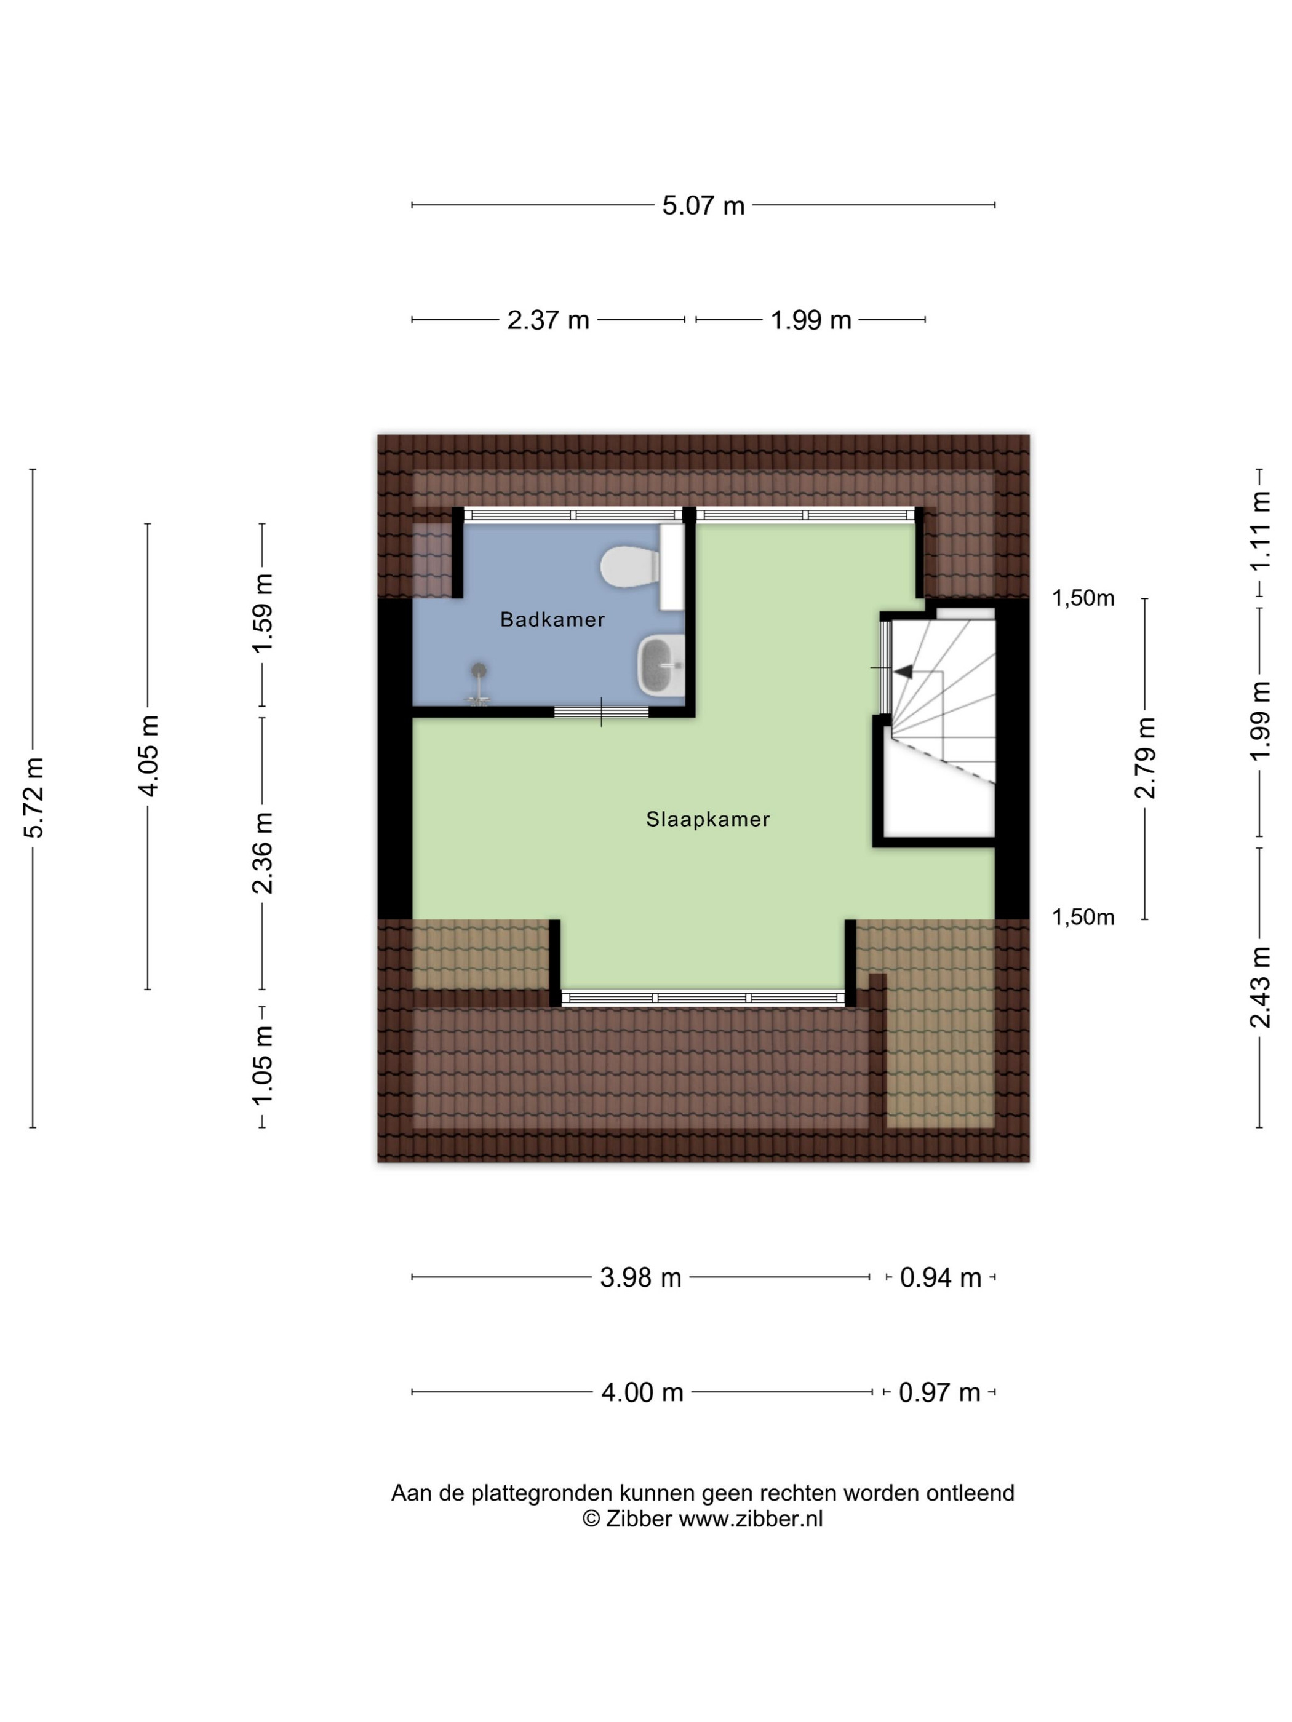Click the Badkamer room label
pyautogui.click(x=552, y=620)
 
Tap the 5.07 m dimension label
pyautogui.click(x=703, y=205)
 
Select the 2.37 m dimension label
pyautogui.click(x=548, y=320)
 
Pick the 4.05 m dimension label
pyautogui.click(x=148, y=756)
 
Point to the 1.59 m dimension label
pyautogui.click(x=263, y=614)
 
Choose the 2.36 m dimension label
pyautogui.click(x=263, y=852)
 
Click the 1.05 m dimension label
pyautogui.click(x=263, y=1064)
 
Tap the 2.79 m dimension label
pyautogui.click(x=1145, y=758)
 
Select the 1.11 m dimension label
pyautogui.click(x=1260, y=530)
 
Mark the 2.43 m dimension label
pyautogui.click(x=1260, y=987)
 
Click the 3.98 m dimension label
pyautogui.click(x=640, y=1278)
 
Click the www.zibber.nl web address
pyautogui.click(x=751, y=1519)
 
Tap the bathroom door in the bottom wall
pyautogui.click(x=601, y=712)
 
